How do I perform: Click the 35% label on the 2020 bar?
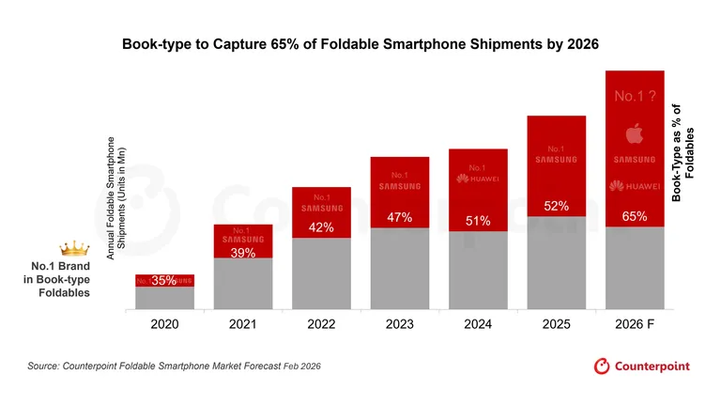pos(164,280)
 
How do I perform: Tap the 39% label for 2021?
pos(243,253)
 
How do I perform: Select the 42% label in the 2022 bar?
pos(322,226)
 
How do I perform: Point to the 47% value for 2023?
pos(400,218)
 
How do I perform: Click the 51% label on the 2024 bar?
pos(478,222)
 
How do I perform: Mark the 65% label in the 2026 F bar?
pos(635,217)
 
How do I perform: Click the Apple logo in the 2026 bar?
pos(635,133)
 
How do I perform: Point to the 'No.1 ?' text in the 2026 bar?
pos(635,96)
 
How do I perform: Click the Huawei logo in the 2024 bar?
pos(478,179)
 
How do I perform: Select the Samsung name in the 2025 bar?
pos(557,161)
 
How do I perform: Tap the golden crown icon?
pos(72,248)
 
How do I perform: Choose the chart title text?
pos(360,44)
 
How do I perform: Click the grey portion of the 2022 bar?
pos(322,273)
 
